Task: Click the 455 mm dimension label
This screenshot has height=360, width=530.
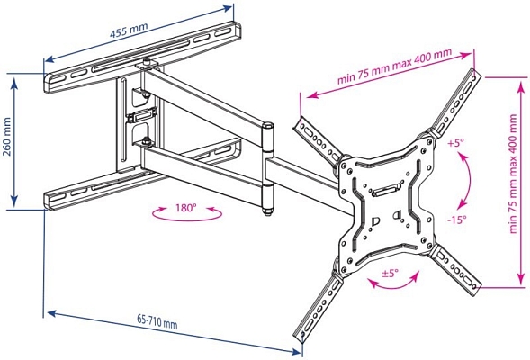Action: (x=129, y=31)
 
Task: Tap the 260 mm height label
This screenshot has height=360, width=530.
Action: (x=7, y=137)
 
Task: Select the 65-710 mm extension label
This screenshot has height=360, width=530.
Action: (x=157, y=321)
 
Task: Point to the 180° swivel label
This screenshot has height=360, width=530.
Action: (x=185, y=208)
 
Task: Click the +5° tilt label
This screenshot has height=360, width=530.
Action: (x=456, y=142)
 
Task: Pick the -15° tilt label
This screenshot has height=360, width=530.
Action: (x=457, y=220)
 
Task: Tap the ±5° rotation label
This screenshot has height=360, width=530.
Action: (x=390, y=273)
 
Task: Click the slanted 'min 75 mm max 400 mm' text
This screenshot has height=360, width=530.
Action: (x=394, y=67)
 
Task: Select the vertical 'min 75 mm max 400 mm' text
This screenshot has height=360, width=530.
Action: (x=513, y=174)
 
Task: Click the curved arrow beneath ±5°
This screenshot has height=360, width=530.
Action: (x=394, y=287)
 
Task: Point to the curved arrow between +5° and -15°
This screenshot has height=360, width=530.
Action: (x=470, y=180)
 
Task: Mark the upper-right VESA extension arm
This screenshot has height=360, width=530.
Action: (x=455, y=103)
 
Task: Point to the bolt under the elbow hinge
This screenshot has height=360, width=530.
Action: (x=267, y=211)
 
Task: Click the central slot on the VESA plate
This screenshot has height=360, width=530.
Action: (x=386, y=190)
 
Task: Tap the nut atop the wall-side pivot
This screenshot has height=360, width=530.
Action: (x=147, y=62)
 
